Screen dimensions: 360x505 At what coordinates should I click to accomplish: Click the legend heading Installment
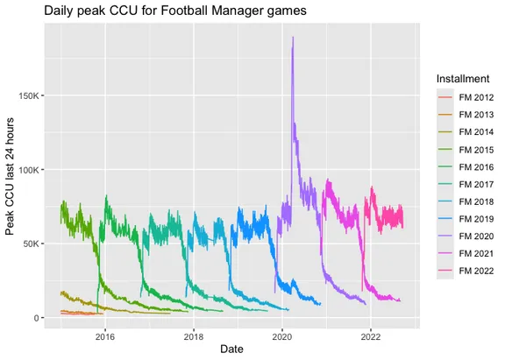[x=464, y=80]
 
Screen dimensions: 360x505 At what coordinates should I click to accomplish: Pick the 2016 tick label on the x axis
[x=104, y=335]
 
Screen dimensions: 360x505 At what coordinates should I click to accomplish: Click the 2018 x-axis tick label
[x=193, y=335]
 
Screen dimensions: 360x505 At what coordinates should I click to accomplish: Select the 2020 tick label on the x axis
[x=282, y=335]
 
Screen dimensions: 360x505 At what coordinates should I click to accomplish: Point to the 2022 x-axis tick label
[x=371, y=335]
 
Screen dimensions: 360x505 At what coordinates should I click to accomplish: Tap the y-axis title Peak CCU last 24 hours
[x=11, y=175]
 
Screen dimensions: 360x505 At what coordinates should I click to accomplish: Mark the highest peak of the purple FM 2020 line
[x=293, y=38]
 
